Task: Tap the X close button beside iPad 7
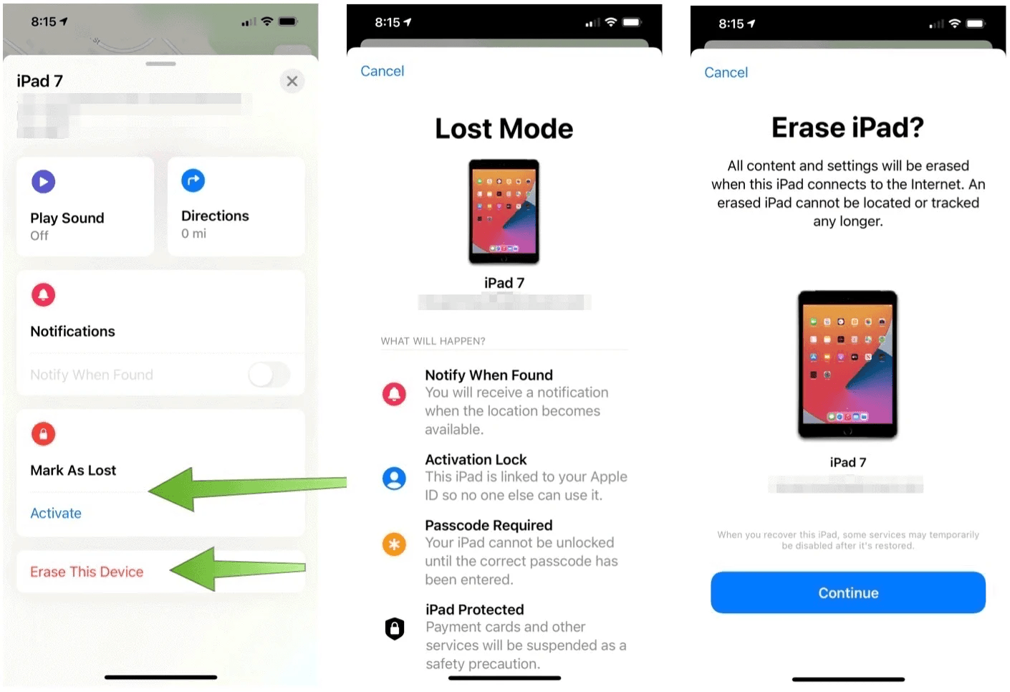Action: pos(292,81)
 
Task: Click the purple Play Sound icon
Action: pos(43,182)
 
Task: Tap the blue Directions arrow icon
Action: pos(193,181)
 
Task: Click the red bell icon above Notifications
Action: pos(43,294)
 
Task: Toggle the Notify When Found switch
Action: pos(269,374)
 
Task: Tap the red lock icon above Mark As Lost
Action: pos(43,433)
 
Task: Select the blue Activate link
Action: pos(56,513)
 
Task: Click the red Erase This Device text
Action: pos(87,572)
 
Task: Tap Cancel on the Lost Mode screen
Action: pos(382,71)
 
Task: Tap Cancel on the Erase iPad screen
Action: pos(726,72)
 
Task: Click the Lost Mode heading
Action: pos(504,129)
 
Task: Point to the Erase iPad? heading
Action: pos(847,128)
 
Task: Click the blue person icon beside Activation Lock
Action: pos(394,478)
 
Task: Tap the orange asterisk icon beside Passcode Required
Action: pos(394,544)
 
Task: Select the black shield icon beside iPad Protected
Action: pos(395,629)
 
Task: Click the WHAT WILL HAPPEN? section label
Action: pos(433,341)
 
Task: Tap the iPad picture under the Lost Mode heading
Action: pos(504,212)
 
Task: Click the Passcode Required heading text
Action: pos(489,525)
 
